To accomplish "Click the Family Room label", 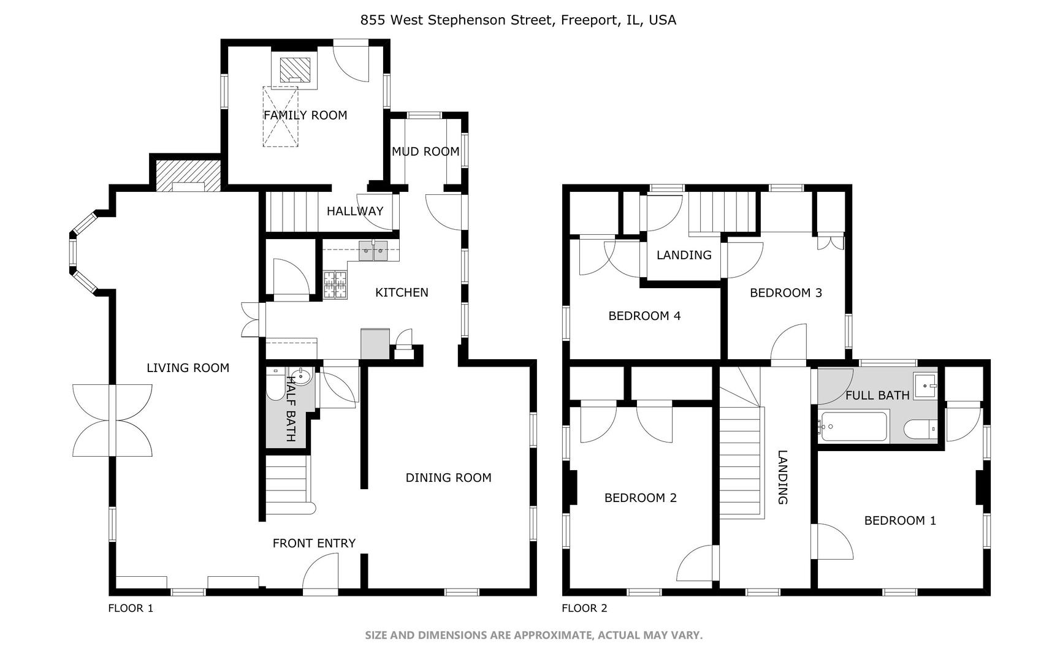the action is click(305, 115).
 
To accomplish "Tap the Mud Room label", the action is click(425, 151).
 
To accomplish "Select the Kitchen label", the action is click(402, 292).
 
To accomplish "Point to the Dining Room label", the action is click(448, 477).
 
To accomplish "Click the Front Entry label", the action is click(314, 543).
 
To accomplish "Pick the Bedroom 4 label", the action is click(644, 316).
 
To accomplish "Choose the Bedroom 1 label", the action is click(900, 520).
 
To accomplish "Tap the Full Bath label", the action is click(877, 395).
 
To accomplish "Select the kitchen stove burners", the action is click(335, 284).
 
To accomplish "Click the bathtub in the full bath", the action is click(853, 427).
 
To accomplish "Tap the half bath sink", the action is click(301, 375).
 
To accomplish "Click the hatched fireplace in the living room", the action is click(188, 176).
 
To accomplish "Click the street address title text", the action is click(518, 20).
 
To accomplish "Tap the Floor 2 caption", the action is click(584, 608).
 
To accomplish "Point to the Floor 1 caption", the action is click(131, 608).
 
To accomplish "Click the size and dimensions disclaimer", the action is click(533, 635).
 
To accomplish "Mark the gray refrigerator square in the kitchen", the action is click(375, 344).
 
